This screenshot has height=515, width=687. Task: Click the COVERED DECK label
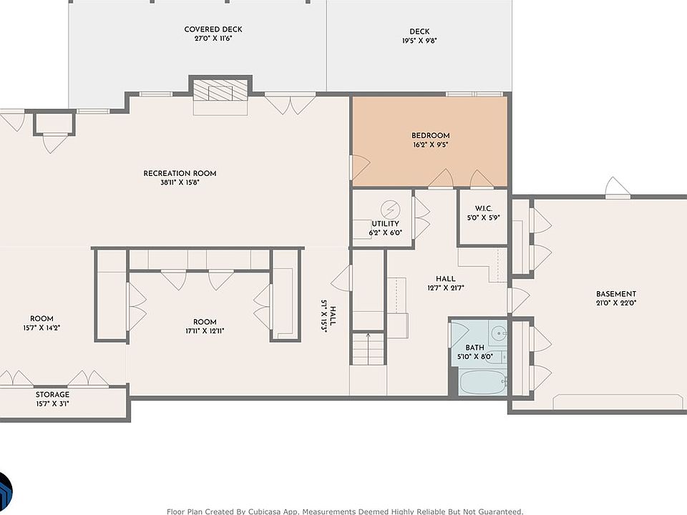pyautogui.click(x=213, y=29)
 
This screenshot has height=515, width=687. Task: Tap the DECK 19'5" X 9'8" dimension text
pyautogui.click(x=420, y=41)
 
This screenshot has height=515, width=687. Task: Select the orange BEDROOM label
pyautogui.click(x=431, y=136)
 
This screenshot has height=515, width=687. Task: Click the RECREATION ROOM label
pyautogui.click(x=180, y=173)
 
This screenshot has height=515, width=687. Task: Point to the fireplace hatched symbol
pyautogui.click(x=220, y=91)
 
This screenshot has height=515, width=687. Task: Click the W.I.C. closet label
pyautogui.click(x=484, y=208)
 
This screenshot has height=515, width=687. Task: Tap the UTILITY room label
pyautogui.click(x=386, y=224)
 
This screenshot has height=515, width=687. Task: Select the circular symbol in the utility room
pyautogui.click(x=390, y=209)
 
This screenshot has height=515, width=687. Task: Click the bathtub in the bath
pyautogui.click(x=483, y=382)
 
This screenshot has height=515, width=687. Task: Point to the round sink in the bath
pyautogui.click(x=498, y=333)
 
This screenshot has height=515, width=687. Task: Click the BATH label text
pyautogui.click(x=475, y=348)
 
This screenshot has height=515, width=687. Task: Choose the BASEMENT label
pyautogui.click(x=616, y=294)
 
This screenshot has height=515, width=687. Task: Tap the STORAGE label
pyautogui.click(x=52, y=395)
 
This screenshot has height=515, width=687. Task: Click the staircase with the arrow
pyautogui.click(x=368, y=348)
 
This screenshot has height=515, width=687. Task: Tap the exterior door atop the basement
pyautogui.click(x=618, y=187)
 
